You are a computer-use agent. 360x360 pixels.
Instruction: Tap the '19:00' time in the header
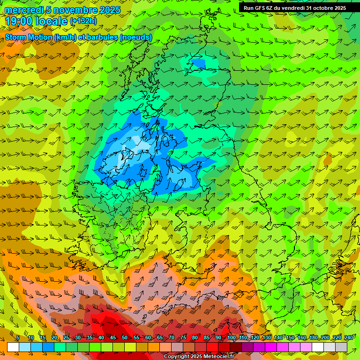pos(18,21)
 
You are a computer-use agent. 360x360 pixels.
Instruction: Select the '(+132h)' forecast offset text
pos(83,21)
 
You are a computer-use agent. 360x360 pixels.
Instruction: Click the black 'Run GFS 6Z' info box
pos(294,7)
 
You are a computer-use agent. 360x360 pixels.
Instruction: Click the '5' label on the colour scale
pos(18,337)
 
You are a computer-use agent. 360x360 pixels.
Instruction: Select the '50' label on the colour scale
pos(125,337)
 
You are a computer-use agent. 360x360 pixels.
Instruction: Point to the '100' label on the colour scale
pos(232,337)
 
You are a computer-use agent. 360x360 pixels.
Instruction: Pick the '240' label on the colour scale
pos(349,337)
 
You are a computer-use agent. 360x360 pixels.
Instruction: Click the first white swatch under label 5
pos(13,347)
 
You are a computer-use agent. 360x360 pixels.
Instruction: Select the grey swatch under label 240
pos(341,347)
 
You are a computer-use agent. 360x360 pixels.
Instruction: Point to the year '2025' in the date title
pos(110,10)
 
